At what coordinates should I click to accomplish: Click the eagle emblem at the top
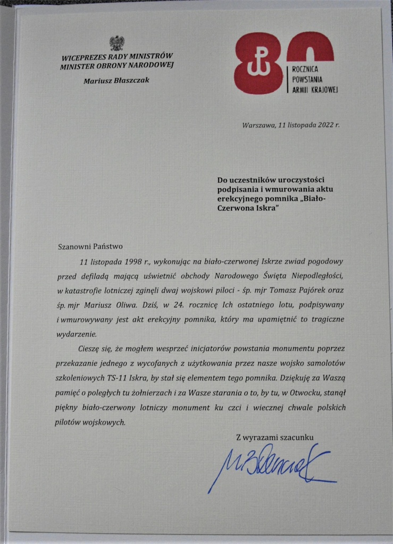117,42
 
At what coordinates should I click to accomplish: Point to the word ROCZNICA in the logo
309,69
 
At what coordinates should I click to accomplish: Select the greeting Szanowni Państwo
90,246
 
